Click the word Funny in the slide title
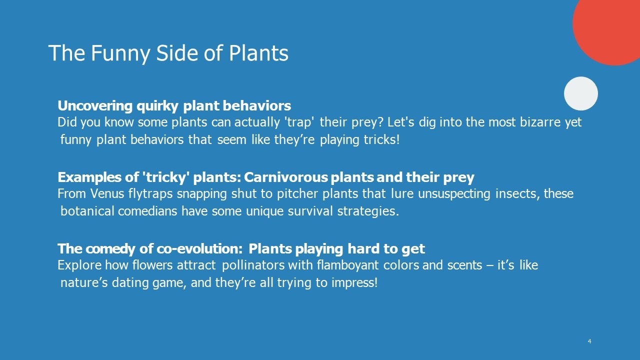tap(120, 53)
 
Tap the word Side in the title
tap(177, 53)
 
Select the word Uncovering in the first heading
tap(95, 106)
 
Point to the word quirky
tap(157, 106)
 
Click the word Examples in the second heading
tap(89, 177)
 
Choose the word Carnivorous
tap(285, 177)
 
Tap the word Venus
tap(107, 193)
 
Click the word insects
tap(517, 193)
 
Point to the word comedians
tap(147, 211)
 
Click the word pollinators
tap(253, 265)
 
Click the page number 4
tap(589, 341)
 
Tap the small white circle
tap(581, 93)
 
